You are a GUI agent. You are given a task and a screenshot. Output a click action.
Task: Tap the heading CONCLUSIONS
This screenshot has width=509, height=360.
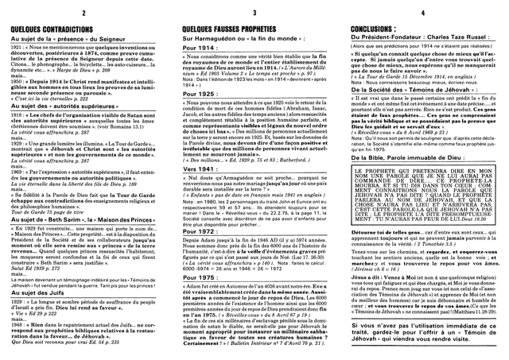(374, 25)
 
